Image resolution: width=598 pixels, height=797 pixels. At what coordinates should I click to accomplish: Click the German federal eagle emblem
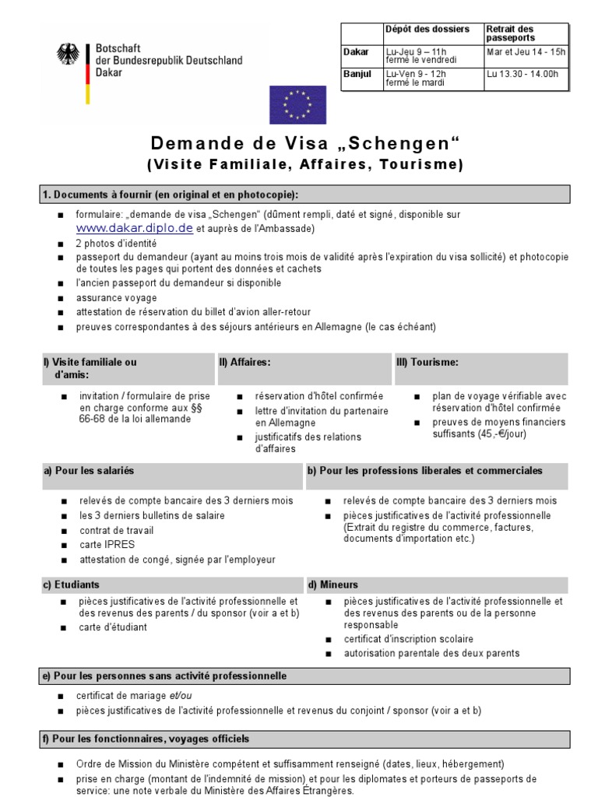(69, 54)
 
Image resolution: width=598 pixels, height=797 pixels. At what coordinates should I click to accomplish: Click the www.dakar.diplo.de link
(134, 228)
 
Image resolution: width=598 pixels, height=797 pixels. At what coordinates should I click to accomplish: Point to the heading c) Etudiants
(71, 584)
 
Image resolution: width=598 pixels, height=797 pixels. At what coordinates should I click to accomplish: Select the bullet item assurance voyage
(116, 297)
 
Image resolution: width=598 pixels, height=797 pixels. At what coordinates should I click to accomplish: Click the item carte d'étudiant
(112, 627)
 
